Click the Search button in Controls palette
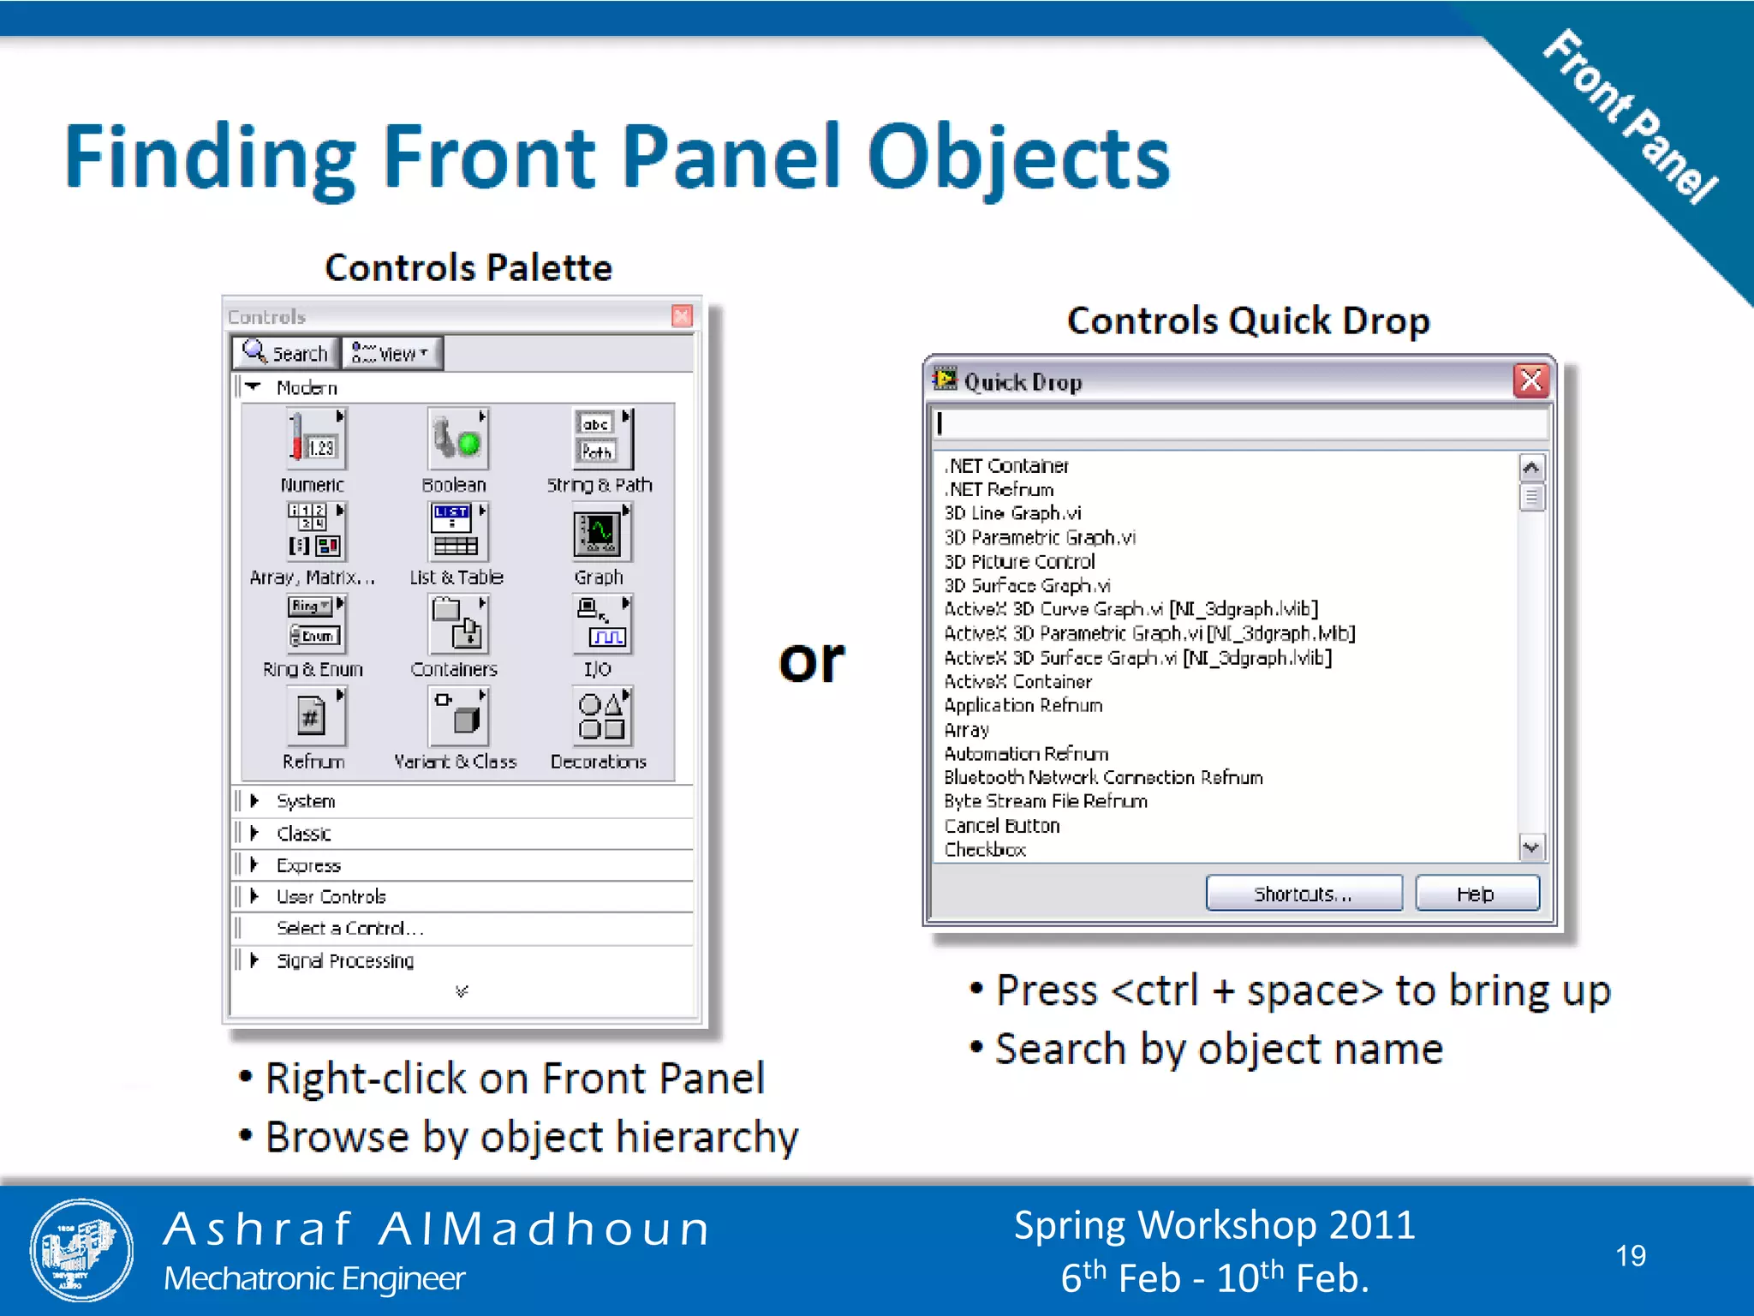[286, 353]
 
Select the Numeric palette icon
[315, 439]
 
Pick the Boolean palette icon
[457, 439]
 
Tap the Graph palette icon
[600, 533]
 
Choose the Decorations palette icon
[601, 717]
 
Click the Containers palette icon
[456, 625]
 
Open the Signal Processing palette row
[344, 960]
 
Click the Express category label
[308, 865]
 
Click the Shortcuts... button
[1303, 894]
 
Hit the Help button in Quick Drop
[1476, 894]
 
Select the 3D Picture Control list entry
[1019, 561]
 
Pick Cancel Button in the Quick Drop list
[1002, 826]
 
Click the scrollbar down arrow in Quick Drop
[1531, 847]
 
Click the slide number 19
[1631, 1255]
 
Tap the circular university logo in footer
[81, 1250]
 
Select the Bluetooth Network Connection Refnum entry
[1103, 777]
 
